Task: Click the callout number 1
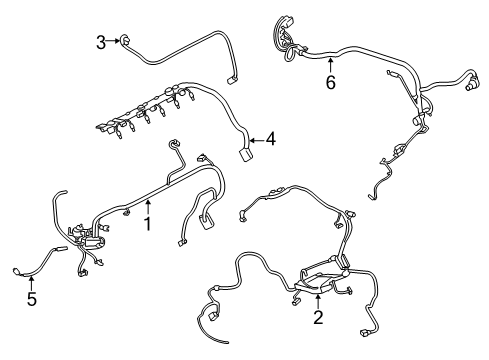click(147, 224)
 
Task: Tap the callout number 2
click(318, 317)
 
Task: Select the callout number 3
click(101, 43)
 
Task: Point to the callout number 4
click(271, 139)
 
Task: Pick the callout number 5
click(32, 299)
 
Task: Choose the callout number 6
click(330, 82)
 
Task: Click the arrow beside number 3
click(113, 41)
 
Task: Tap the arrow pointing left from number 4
click(257, 140)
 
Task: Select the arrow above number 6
click(330, 65)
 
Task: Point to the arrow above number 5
click(31, 282)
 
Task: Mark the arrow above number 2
click(318, 301)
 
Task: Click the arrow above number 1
click(148, 207)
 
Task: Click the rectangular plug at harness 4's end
click(246, 155)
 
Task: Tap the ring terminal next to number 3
click(125, 40)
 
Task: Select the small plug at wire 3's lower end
click(231, 81)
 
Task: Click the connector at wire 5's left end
click(17, 272)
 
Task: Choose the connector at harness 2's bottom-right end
click(364, 332)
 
